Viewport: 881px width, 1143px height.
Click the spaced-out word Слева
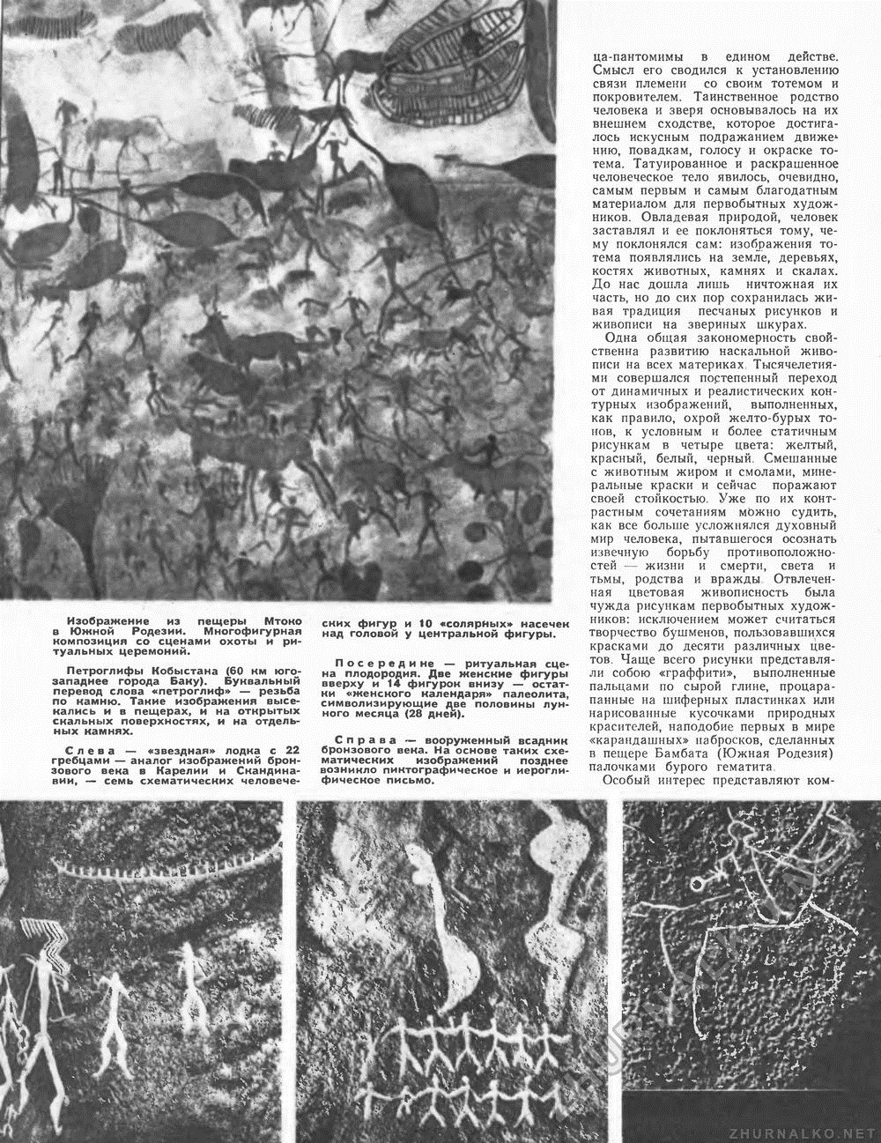(x=86, y=750)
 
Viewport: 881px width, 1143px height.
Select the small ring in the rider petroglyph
(x=698, y=883)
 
